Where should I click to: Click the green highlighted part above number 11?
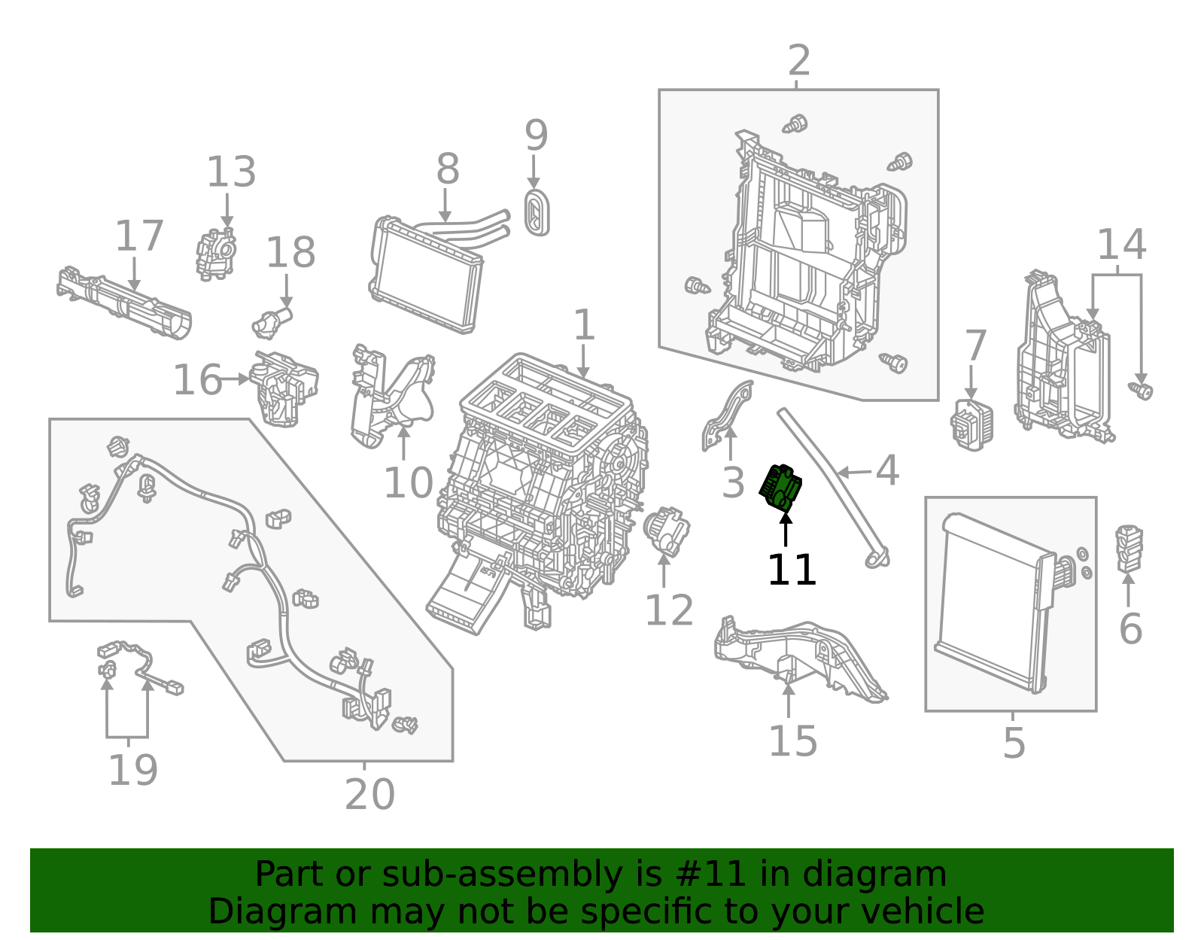pos(781,488)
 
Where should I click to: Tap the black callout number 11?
pos(791,570)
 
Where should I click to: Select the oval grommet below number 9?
pos(537,213)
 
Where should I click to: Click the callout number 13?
pos(231,172)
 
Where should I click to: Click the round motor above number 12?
pos(666,530)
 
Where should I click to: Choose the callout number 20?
pos(369,794)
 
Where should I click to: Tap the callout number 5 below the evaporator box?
pos(1014,743)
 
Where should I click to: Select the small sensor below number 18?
pos(270,323)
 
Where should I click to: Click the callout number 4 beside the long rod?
pos(887,471)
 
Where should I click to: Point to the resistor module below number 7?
pos(971,424)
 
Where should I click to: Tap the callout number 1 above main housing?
pos(584,326)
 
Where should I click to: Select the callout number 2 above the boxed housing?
pos(798,61)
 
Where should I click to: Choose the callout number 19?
pos(133,770)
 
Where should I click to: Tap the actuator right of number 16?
pos(284,388)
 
